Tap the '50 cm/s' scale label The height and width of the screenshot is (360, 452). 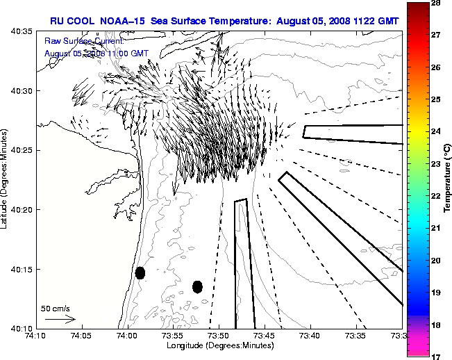coord(56,308)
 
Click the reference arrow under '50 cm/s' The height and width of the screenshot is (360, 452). coord(60,319)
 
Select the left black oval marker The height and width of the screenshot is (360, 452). coord(140,272)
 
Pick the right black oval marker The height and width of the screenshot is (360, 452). coord(197,286)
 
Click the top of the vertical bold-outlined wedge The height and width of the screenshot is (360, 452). coord(240,201)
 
